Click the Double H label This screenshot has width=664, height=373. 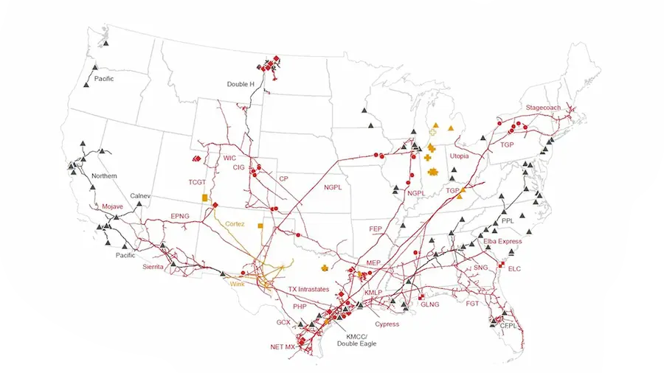coord(241,85)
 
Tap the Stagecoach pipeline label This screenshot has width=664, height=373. coord(543,108)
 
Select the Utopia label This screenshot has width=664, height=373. coord(459,156)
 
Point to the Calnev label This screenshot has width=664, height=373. coord(140,196)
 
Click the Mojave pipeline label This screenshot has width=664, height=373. coord(113,206)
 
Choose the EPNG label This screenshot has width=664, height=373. coord(180,216)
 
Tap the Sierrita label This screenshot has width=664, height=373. coord(158,268)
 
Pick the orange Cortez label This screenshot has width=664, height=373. coord(235,223)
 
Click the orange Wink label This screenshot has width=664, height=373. coord(237,283)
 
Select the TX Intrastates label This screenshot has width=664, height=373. coord(308,290)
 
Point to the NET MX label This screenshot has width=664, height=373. coord(283,346)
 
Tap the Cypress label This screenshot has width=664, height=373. coord(387,324)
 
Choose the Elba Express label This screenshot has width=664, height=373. coord(502,241)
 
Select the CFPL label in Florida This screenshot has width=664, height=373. coord(509,325)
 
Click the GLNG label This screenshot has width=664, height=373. coord(430,304)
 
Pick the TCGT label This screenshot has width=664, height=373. coord(198,181)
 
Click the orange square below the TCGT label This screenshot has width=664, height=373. coord(205,198)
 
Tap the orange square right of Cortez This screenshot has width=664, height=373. coord(260,226)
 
